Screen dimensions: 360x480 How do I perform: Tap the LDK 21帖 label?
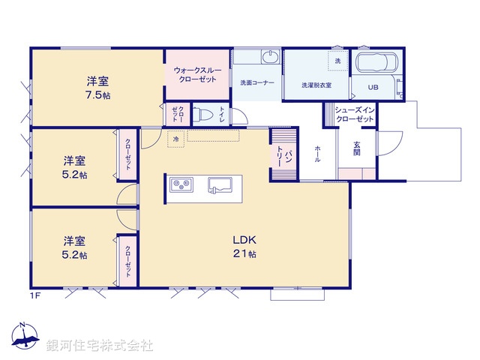pyautogui.click(x=244, y=247)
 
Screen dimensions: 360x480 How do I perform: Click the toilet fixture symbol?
pyautogui.click(x=204, y=115)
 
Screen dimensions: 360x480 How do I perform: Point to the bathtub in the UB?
pyautogui.click(x=378, y=64)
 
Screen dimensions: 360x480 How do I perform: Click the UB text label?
pyautogui.click(x=373, y=87)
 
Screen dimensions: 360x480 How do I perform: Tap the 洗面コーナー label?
pyautogui.click(x=256, y=82)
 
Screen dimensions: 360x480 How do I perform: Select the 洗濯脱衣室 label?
pyautogui.click(x=316, y=85)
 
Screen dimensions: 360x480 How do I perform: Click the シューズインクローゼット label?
pyautogui.click(x=351, y=114)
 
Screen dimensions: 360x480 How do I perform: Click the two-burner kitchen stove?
pyautogui.click(x=181, y=184)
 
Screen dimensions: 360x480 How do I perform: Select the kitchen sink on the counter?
pyautogui.click(x=223, y=184)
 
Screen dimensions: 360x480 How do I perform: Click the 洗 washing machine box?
pyautogui.click(x=337, y=61)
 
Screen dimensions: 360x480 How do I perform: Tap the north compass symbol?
pyautogui.click(x=24, y=337)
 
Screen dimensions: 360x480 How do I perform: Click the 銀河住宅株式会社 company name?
pyautogui.click(x=100, y=346)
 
